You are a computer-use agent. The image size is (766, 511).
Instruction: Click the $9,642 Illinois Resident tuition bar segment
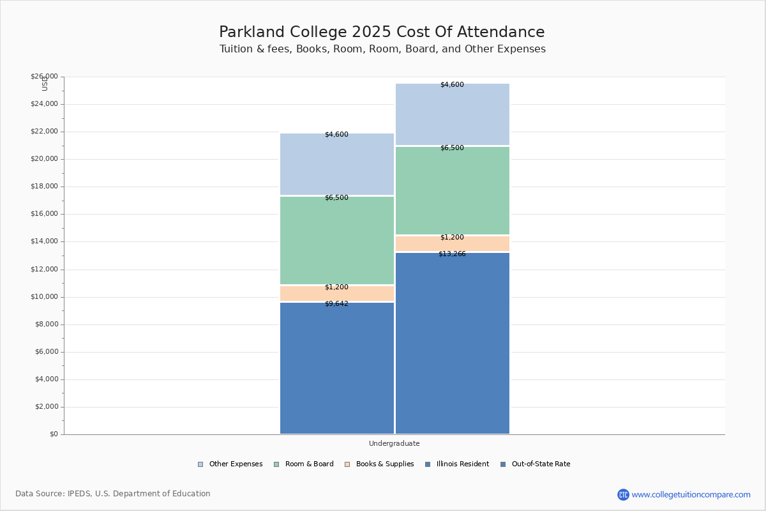[x=337, y=368]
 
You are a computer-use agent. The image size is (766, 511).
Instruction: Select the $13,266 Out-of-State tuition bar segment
[x=453, y=343]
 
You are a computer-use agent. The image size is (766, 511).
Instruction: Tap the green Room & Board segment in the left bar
[x=337, y=240]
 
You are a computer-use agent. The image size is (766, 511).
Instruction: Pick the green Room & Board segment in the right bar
[x=453, y=190]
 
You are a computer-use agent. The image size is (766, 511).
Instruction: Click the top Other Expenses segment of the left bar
[x=337, y=164]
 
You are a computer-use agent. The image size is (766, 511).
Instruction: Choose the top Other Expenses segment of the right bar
[x=453, y=114]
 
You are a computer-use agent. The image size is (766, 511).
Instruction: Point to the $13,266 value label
[x=452, y=254]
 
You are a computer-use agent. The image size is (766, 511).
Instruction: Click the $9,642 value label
[x=336, y=304]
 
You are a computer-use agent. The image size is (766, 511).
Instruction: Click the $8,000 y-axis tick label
[x=46, y=324]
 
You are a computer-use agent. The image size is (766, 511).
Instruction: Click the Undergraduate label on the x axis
[x=394, y=443]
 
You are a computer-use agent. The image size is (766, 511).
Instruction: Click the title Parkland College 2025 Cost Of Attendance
[x=382, y=33]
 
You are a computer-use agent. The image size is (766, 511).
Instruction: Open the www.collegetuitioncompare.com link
[x=691, y=494]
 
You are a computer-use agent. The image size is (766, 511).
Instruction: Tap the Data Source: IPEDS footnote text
[x=113, y=494]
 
